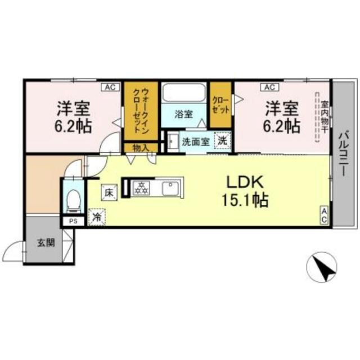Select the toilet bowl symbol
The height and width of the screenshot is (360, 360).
[x=73, y=199]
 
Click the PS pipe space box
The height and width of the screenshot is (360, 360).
[x=73, y=221]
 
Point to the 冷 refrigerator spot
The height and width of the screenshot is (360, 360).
[x=96, y=217]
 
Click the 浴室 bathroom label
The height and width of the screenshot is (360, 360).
[x=183, y=114]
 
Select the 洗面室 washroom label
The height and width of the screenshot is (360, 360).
[x=195, y=142]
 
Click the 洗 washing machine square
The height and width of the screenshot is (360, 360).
[x=223, y=141]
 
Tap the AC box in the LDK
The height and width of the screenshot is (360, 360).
[x=325, y=215]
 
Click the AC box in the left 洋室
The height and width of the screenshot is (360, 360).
[x=109, y=87]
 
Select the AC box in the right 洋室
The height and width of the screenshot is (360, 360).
[x=269, y=87]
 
